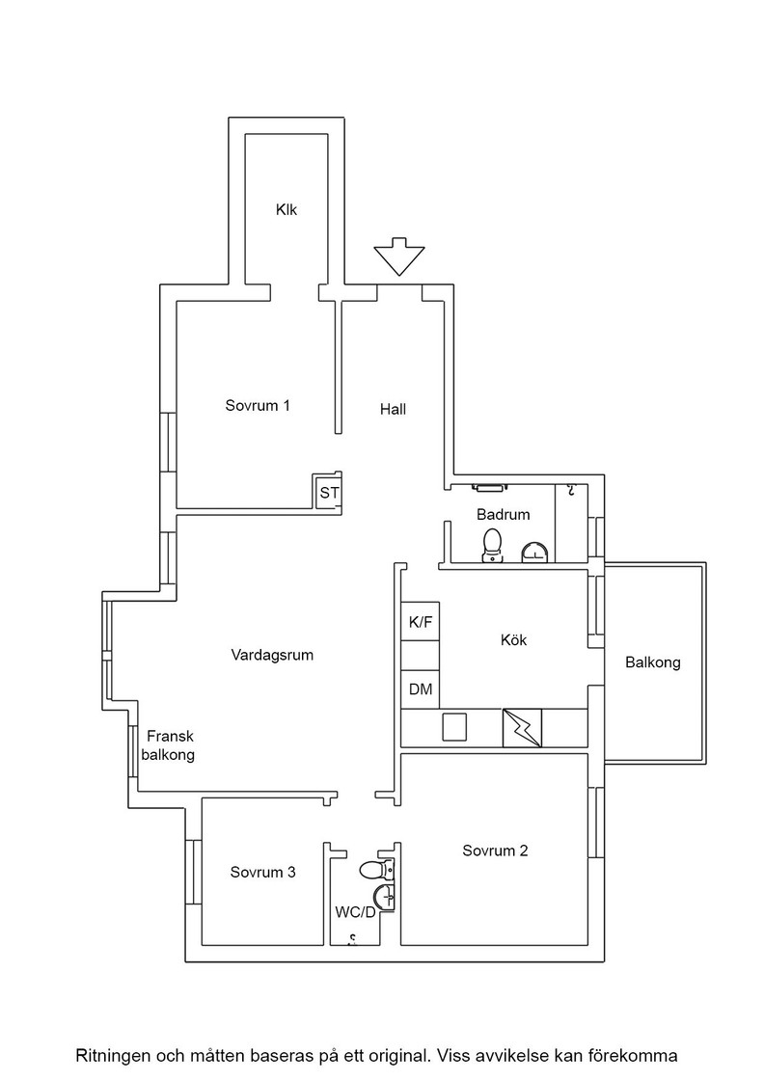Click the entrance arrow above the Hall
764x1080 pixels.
point(398,256)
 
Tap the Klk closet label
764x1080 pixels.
point(286,209)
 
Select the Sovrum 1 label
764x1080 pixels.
point(258,405)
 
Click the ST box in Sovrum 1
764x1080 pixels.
point(329,493)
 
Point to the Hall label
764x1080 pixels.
point(394,409)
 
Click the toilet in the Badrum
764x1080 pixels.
point(492,546)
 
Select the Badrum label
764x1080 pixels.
point(504,515)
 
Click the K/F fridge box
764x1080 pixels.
point(421,622)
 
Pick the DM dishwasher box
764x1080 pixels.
point(421,688)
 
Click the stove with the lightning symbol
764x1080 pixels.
point(522,728)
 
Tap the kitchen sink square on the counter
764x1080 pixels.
point(454,727)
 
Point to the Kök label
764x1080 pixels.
point(514,640)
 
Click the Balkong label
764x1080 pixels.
point(653,662)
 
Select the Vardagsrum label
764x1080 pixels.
point(272,655)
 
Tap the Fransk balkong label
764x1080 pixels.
point(169,745)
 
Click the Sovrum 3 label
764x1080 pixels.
point(263,872)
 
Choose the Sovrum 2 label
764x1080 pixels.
point(495,850)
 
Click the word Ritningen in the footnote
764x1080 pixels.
point(112,1056)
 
